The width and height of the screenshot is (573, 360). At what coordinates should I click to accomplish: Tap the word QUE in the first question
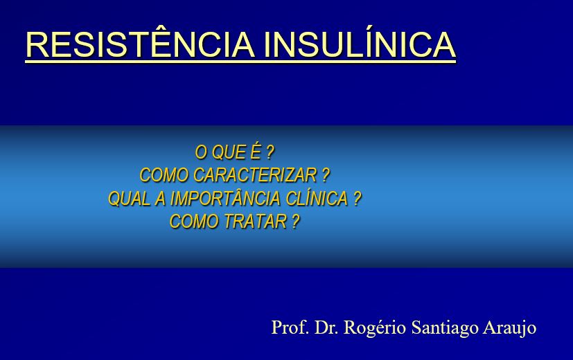(x=229, y=152)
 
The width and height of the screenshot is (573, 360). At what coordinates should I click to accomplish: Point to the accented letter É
(x=256, y=152)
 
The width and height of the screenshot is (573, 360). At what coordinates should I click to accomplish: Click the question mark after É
(x=270, y=152)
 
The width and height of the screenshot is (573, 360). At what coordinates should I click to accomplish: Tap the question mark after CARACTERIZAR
(x=326, y=175)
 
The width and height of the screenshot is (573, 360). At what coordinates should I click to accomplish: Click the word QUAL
(x=129, y=199)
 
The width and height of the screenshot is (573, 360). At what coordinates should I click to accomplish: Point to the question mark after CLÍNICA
(x=357, y=199)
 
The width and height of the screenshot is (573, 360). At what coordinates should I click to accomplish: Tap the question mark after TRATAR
(x=296, y=222)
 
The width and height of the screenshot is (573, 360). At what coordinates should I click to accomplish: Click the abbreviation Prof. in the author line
(x=290, y=327)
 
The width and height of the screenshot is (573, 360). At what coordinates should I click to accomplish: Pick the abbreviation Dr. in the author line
(x=326, y=327)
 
